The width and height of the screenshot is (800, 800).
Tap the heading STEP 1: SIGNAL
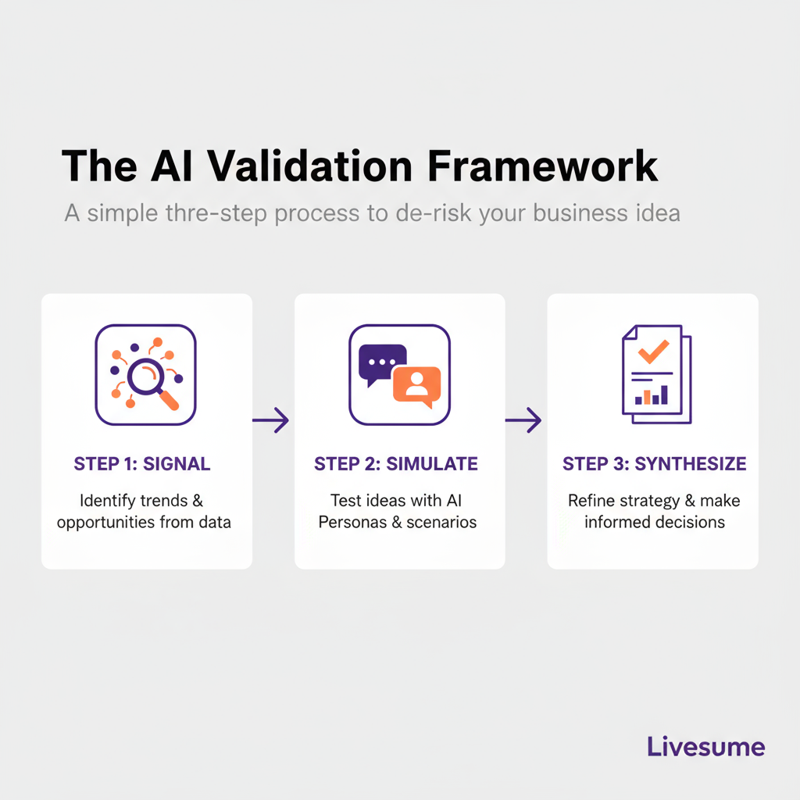pos(142,464)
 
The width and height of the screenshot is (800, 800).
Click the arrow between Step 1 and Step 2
pos(271,420)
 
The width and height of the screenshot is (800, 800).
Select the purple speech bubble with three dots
pos(381,362)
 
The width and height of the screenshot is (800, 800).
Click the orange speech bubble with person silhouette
pos(416,385)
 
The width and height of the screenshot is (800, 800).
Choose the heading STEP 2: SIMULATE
pos(396,464)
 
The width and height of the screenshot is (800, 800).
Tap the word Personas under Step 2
pos(349,522)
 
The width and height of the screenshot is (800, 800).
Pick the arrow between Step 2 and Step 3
pos(523,420)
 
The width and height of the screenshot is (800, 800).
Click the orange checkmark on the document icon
pos(652,351)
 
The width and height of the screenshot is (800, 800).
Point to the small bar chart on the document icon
pos(652,395)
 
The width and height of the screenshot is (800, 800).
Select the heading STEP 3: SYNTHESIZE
pos(654,464)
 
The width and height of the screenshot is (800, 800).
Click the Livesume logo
pos(705,746)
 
